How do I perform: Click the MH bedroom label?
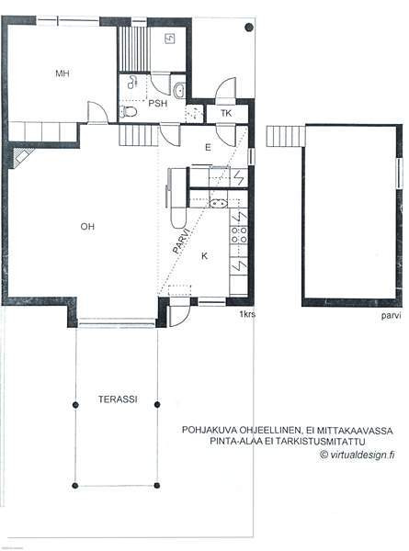click(x=62, y=73)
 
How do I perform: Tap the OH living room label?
click(x=87, y=226)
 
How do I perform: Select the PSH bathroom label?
click(x=158, y=103)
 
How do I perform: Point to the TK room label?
click(x=226, y=113)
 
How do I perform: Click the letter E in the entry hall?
click(x=209, y=147)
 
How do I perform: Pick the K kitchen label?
click(x=205, y=256)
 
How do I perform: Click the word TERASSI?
click(x=118, y=399)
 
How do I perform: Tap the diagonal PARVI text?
click(x=181, y=241)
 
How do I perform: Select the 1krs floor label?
click(x=247, y=314)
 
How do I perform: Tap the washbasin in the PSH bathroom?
click(x=179, y=90)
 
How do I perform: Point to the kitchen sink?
click(x=219, y=203)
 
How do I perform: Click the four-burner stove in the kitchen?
click(x=239, y=235)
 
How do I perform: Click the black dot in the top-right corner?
click(x=249, y=27)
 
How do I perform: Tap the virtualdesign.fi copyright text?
click(x=358, y=455)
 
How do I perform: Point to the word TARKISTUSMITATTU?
click(x=321, y=442)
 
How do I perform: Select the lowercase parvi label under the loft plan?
click(x=391, y=316)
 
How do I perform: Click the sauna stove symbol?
click(x=169, y=39)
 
